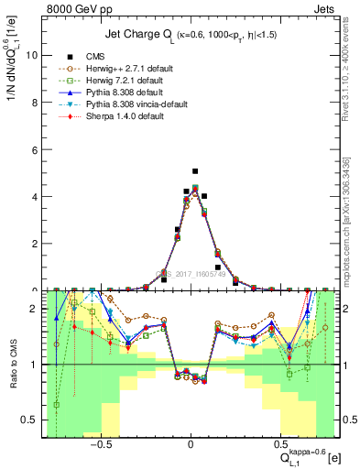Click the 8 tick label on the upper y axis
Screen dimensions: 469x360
click(x=34, y=102)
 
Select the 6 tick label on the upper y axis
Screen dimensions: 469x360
click(x=34, y=149)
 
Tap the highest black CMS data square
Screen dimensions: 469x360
click(x=195, y=171)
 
